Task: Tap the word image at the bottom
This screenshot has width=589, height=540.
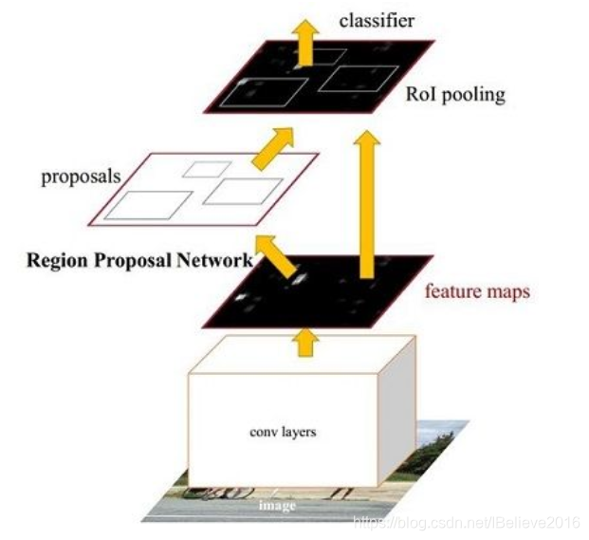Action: click(x=279, y=505)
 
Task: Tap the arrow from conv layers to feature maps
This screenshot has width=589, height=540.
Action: click(x=304, y=341)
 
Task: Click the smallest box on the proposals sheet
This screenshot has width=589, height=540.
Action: click(x=208, y=169)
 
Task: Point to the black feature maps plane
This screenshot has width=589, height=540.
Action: click(x=313, y=289)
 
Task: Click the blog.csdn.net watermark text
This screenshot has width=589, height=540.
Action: click(x=468, y=521)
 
